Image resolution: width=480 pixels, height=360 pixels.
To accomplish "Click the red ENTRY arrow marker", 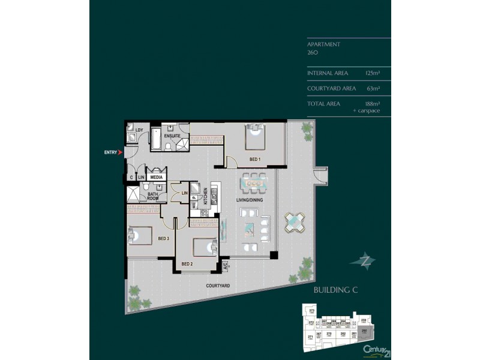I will (121, 153).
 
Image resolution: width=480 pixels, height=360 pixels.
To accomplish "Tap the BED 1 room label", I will (255, 159).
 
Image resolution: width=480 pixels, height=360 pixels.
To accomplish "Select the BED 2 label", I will (187, 263).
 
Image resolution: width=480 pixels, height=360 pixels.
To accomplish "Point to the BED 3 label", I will (163, 238).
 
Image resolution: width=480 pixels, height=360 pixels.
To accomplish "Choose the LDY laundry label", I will (139, 130).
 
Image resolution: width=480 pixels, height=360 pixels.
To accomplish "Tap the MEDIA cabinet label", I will (156, 178).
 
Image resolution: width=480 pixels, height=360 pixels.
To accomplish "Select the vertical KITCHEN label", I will (205, 196).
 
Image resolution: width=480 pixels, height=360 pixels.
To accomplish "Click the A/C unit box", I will (225, 265).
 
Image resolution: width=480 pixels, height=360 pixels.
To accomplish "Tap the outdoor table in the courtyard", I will (295, 222).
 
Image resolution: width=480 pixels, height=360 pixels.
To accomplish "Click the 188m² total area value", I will (374, 104).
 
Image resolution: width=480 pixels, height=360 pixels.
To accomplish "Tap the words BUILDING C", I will (335, 290).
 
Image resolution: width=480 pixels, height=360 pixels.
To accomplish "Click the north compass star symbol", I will (365, 260).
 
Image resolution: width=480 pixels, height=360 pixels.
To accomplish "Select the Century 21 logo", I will (376, 348).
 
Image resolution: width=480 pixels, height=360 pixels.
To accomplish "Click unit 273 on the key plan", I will (311, 310).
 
